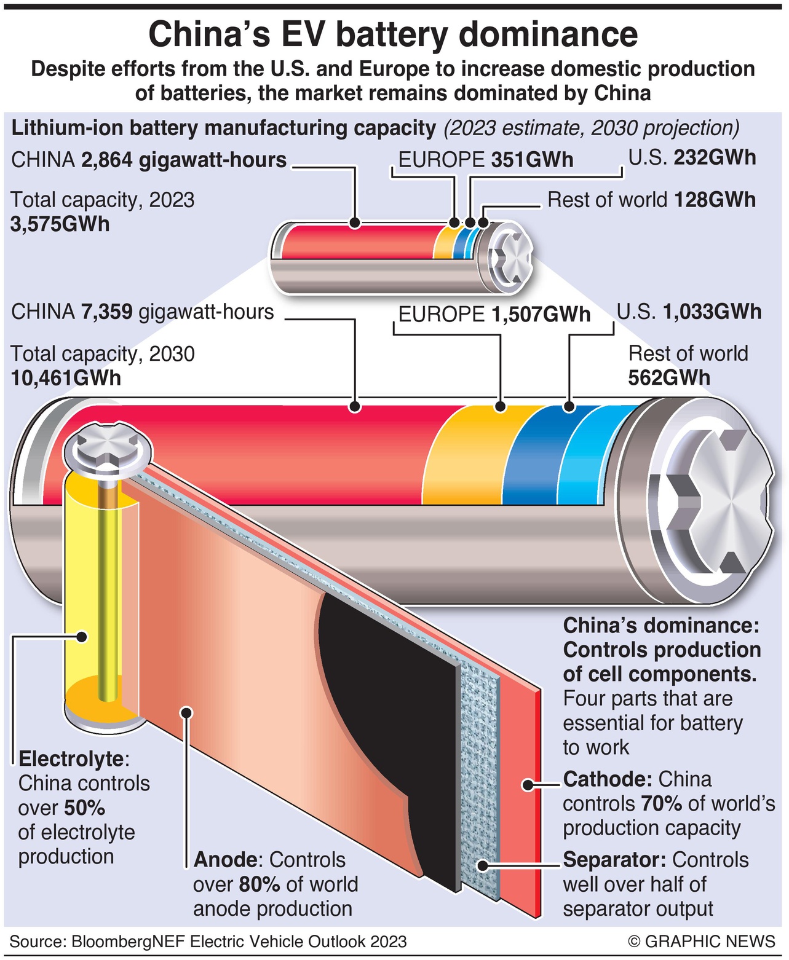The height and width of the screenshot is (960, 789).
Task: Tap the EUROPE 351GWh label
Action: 485,160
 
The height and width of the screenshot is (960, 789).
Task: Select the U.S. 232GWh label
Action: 691,157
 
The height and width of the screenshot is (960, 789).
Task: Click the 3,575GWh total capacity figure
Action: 60,224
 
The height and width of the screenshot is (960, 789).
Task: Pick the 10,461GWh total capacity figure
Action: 66,377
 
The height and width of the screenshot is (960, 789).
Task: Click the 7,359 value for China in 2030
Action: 106,312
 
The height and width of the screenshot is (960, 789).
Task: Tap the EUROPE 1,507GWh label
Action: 494,314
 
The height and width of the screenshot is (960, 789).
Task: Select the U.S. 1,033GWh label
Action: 689,312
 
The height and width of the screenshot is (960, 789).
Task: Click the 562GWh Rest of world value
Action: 668,377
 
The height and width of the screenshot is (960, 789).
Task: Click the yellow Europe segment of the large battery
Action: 467,455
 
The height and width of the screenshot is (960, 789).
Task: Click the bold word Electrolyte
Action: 71,758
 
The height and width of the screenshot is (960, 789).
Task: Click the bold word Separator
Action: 614,859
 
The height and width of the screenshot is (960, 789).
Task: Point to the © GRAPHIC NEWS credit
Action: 701,941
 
